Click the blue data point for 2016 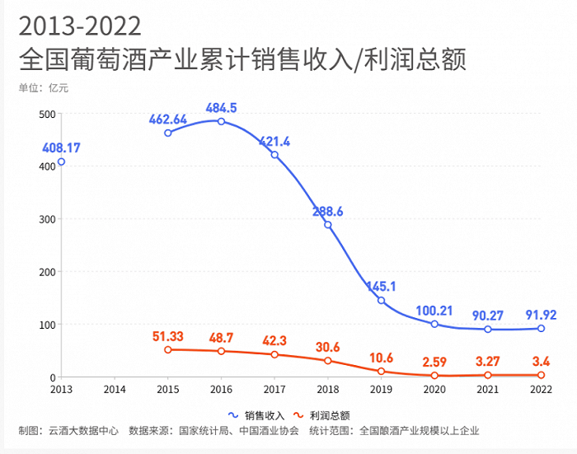coord(221,121)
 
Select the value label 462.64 coord(168,119)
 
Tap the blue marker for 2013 coord(61,161)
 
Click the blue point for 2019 coord(381,300)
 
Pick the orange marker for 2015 coord(168,349)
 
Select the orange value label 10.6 coord(381,357)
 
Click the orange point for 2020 coord(434,376)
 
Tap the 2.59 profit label coord(434,361)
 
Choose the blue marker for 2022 coord(541,328)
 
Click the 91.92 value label coord(541,314)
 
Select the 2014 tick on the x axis coord(115,388)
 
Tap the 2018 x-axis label coord(327,388)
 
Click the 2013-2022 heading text coord(80,26)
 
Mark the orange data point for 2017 coord(274,354)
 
